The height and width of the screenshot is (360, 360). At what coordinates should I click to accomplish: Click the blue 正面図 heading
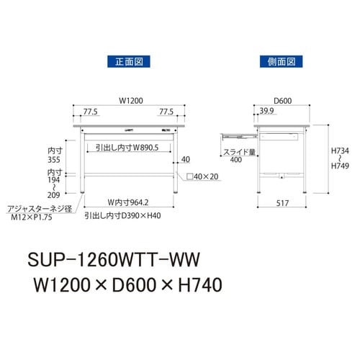[x=127, y=62]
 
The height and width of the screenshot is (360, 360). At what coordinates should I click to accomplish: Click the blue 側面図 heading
[x=282, y=62]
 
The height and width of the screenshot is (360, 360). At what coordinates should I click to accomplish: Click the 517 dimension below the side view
[x=282, y=204]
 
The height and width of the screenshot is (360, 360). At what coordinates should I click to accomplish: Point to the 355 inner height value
[x=48, y=162]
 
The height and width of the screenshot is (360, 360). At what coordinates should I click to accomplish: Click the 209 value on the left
[x=48, y=194]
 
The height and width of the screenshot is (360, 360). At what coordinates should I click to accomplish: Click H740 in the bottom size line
[x=194, y=284]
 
